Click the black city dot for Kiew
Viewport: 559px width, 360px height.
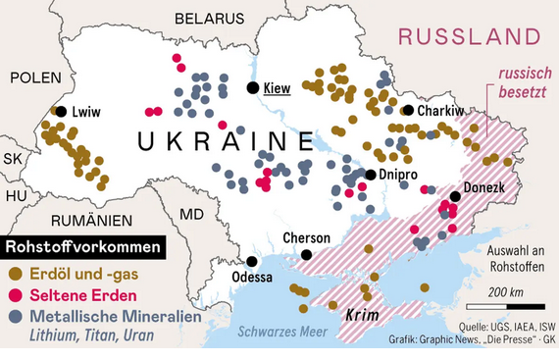pyautogui.click(x=253, y=88)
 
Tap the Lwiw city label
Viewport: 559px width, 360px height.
pyautogui.click(x=85, y=112)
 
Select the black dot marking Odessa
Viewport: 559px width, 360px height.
pyautogui.click(x=253, y=261)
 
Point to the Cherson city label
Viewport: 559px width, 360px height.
pyautogui.click(x=307, y=237)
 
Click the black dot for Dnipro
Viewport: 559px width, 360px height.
pyautogui.click(x=371, y=175)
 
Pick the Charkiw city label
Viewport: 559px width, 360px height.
pyautogui.click(x=440, y=111)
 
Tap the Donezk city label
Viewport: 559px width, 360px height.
pyautogui.click(x=483, y=186)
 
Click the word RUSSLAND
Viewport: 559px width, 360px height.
pyautogui.click(x=470, y=37)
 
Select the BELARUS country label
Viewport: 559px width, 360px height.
pyautogui.click(x=208, y=19)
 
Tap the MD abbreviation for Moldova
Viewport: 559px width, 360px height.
pyautogui.click(x=192, y=214)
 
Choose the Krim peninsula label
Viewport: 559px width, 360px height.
pyautogui.click(x=363, y=316)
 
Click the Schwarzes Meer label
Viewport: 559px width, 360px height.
pyautogui.click(x=285, y=330)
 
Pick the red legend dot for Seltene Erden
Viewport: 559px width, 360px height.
pyautogui.click(x=14, y=295)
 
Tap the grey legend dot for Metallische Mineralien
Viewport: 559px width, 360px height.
pyautogui.click(x=14, y=317)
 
